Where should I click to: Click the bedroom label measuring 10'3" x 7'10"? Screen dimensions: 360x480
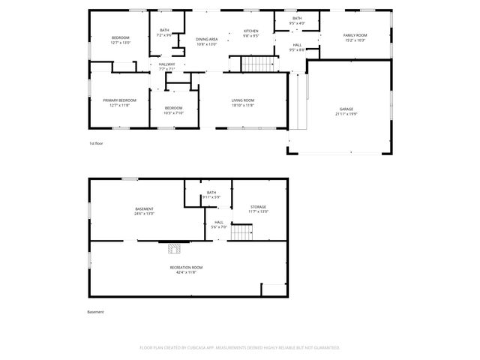tap(174, 110)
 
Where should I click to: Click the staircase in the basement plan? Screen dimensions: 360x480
tap(241, 233)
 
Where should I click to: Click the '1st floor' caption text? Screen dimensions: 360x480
tap(95, 142)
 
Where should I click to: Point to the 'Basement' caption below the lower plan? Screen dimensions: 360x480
tap(95, 311)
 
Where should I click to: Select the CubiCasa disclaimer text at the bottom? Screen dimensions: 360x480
tap(240, 347)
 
